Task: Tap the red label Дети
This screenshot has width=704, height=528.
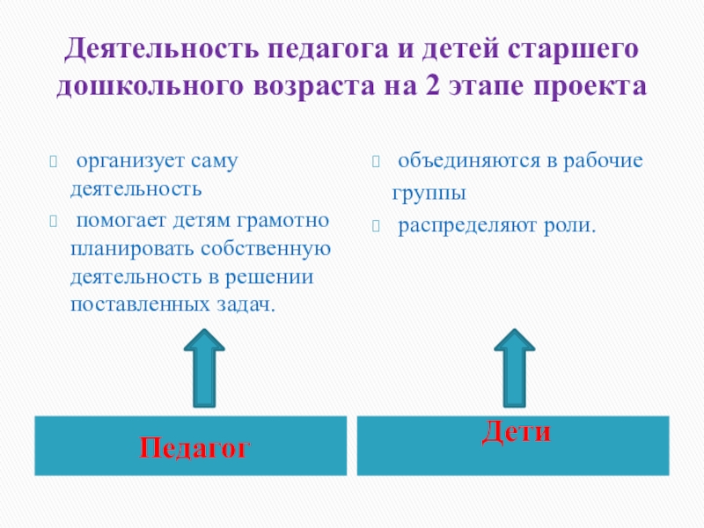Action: (x=517, y=431)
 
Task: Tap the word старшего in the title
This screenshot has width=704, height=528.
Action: (x=570, y=49)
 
